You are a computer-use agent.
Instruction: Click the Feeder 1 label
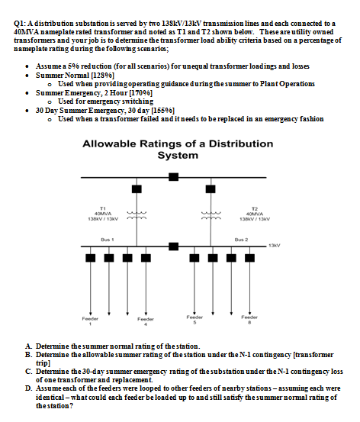coord(90,320)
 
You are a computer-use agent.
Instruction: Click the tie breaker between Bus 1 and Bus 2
coord(173,246)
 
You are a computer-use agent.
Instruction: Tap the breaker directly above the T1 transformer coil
coord(137,188)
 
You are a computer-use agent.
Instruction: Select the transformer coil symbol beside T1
coord(137,216)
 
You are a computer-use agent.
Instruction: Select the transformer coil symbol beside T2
coord(208,216)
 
